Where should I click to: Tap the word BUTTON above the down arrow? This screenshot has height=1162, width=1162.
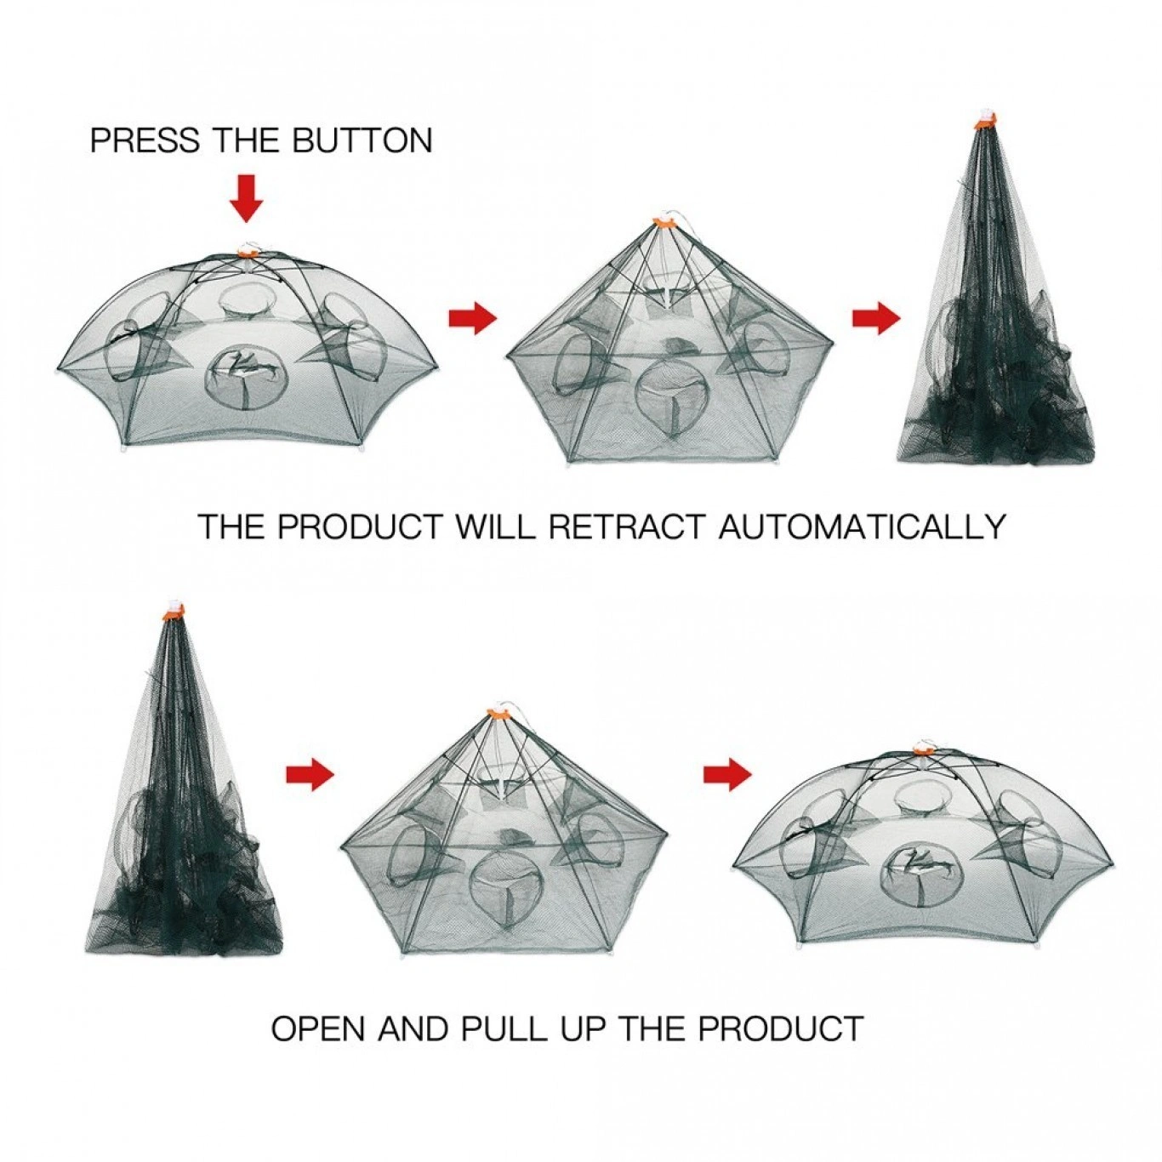pos(362,140)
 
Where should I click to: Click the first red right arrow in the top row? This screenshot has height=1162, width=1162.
pos(472,318)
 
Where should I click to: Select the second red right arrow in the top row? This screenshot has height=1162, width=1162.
pos(875,318)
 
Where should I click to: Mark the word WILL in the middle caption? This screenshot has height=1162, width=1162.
pos(494,526)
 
